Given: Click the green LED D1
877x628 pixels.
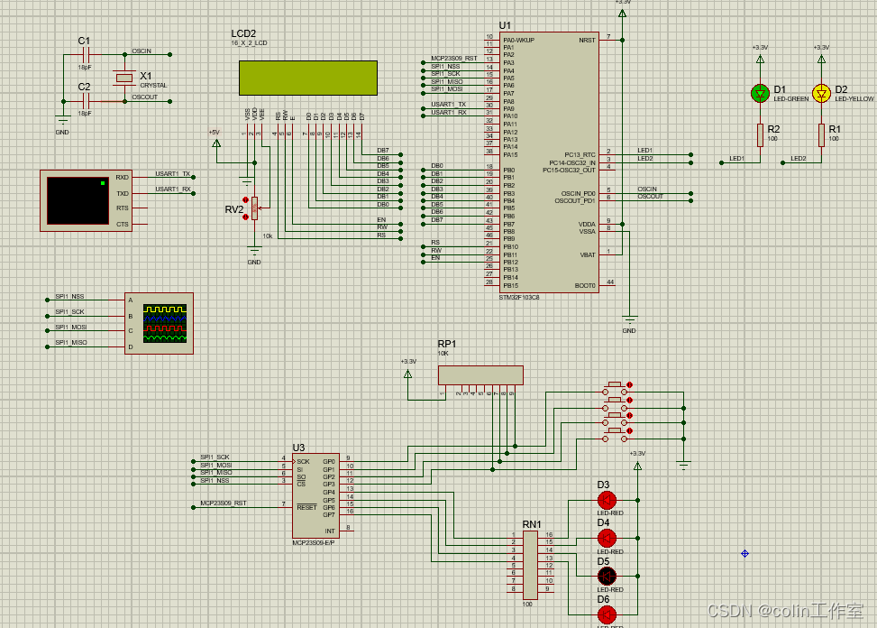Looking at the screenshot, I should (760, 93).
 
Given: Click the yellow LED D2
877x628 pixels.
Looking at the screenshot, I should (821, 93).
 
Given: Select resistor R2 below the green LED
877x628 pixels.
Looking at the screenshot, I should (760, 135).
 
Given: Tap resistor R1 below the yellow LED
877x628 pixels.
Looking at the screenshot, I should (821, 135).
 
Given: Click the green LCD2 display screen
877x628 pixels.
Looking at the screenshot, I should (307, 78).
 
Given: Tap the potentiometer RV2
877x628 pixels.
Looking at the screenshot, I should (254, 209).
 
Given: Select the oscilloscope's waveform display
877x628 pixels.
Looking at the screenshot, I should (167, 323).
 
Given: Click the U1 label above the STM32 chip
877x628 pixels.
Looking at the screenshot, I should (505, 25).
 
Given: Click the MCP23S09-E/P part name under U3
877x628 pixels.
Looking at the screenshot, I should (313, 542).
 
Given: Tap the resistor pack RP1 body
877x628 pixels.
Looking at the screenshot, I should (480, 374).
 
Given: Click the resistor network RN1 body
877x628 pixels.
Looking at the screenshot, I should (530, 564).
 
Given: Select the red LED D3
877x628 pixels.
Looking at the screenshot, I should (607, 500).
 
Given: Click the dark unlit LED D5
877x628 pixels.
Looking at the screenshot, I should (607, 576).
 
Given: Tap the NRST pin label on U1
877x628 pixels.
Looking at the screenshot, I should (586, 40).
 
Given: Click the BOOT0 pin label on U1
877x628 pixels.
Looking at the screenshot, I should (585, 285).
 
